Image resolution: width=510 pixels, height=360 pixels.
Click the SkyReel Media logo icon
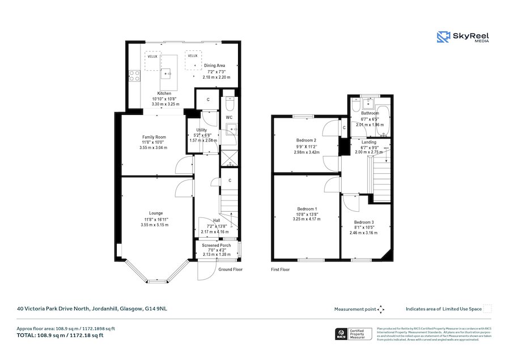[x=443, y=37]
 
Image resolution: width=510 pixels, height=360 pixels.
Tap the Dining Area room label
[x=215, y=66]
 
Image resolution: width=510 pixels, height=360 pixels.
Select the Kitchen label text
[x=164, y=93]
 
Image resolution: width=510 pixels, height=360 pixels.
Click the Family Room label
[x=154, y=137]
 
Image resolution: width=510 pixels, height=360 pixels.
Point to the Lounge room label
[x=156, y=213]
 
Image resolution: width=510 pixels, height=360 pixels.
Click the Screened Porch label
[x=216, y=245]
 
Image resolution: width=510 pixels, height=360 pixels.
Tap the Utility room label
[x=201, y=130]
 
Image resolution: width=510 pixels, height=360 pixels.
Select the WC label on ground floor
[x=229, y=117]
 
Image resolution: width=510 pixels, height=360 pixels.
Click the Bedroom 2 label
[x=306, y=140]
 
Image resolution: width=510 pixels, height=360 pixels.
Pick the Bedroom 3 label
[x=363, y=222]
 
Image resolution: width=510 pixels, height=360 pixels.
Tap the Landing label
[x=369, y=142]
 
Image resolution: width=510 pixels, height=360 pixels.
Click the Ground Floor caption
[x=231, y=269]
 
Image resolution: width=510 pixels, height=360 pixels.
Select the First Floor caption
[x=280, y=270]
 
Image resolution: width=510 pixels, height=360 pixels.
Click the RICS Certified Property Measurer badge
[x=354, y=334]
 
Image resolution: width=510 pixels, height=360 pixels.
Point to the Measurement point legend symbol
[x=381, y=309]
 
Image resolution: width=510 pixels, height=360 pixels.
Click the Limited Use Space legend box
[x=487, y=309]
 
